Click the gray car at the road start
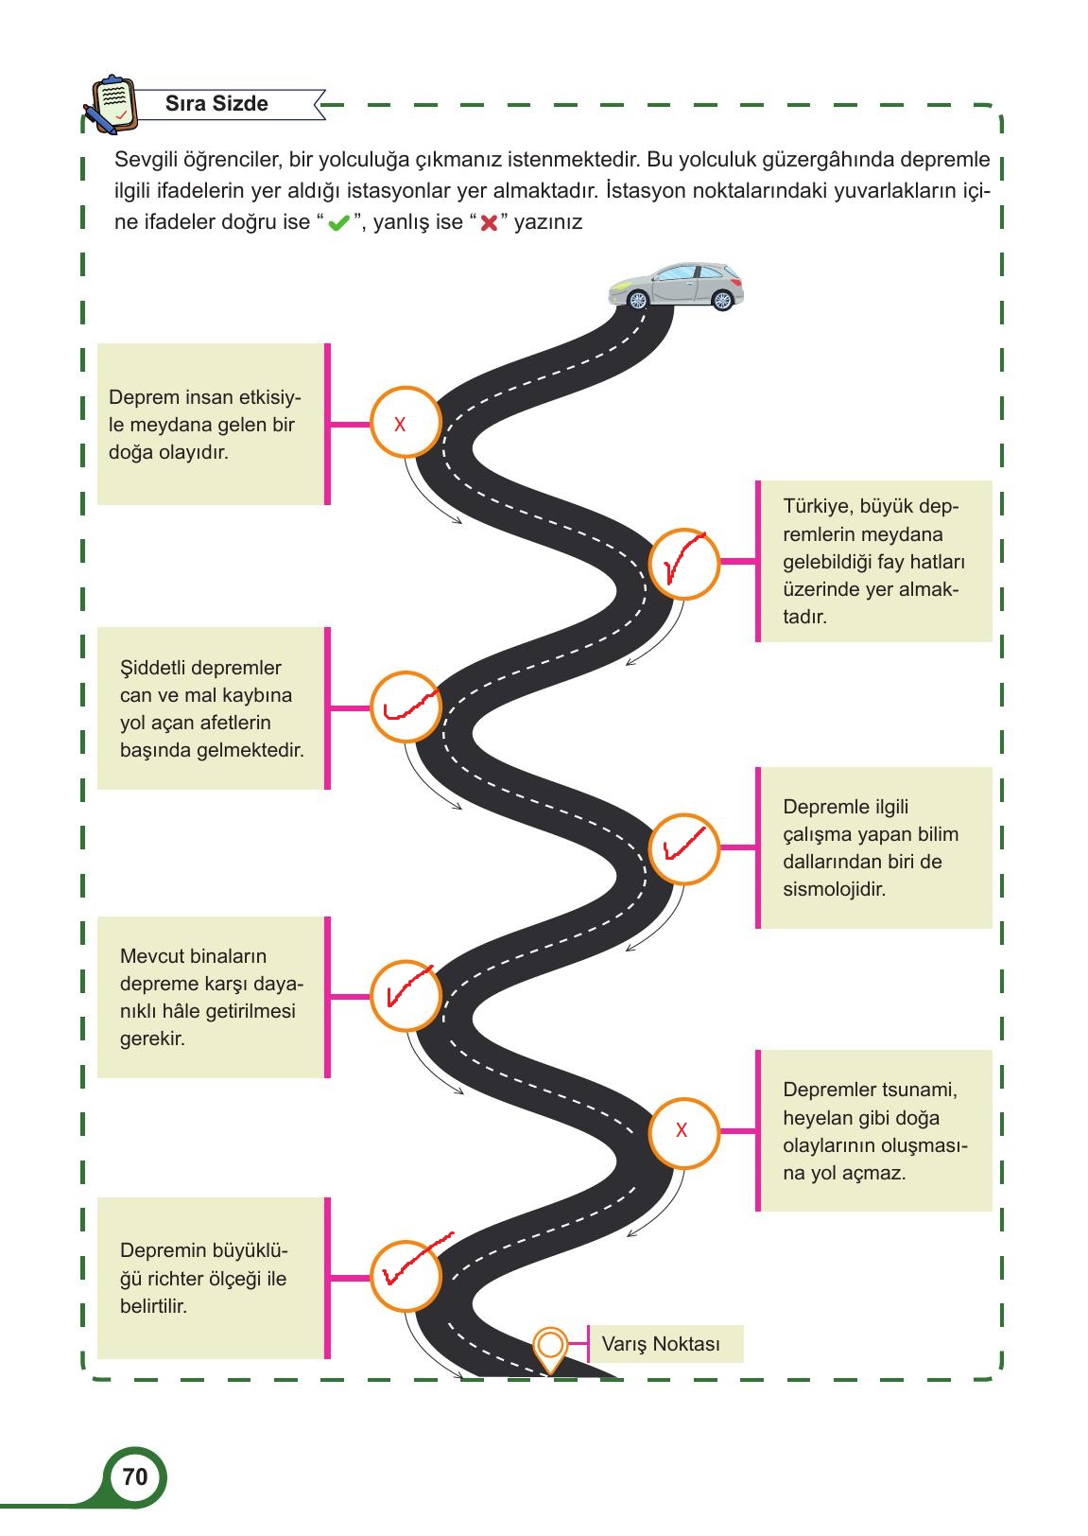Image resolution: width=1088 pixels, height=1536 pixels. pos(676,286)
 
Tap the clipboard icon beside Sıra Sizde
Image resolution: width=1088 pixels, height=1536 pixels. pos(112,104)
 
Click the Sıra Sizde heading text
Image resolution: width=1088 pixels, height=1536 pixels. pos(216,103)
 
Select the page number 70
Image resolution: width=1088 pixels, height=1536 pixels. pos(135,1476)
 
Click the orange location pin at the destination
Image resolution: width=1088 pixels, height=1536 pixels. pos(550,1350)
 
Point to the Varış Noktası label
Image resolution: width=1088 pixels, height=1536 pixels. pos(661,1343)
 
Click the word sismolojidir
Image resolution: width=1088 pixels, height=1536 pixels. pos(834,889)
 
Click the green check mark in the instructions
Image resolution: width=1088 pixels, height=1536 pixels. pos(338,223)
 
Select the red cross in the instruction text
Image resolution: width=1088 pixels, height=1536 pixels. pos(489,223)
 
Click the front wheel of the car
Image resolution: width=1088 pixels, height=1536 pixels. pos(638,300)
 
